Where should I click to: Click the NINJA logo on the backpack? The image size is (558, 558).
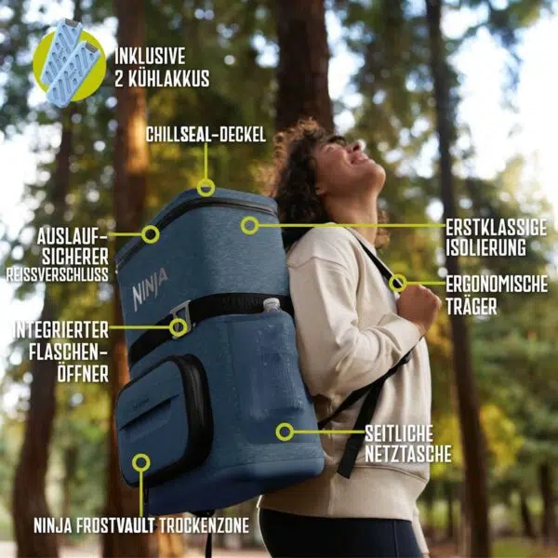[x=150, y=289]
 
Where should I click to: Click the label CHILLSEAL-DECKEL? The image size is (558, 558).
[x=206, y=135]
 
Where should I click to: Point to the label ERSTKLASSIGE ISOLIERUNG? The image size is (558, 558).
[x=496, y=237]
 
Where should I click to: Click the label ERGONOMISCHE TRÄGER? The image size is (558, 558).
[x=496, y=294]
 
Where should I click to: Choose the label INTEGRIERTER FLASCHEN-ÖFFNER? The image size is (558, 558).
[x=61, y=352]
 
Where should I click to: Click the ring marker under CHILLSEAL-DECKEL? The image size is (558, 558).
[x=206, y=187]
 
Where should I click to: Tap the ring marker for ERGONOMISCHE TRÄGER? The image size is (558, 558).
[x=398, y=283]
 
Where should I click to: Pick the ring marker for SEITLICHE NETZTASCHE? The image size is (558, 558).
[x=285, y=432]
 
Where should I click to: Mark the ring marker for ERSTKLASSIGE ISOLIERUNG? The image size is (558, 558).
[x=249, y=225]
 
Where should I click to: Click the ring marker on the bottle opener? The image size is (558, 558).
[x=178, y=327]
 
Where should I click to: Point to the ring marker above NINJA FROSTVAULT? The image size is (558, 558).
[x=140, y=462]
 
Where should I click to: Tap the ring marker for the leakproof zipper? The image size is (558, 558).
[x=151, y=233]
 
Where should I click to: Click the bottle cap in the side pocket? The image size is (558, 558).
[x=271, y=304]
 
